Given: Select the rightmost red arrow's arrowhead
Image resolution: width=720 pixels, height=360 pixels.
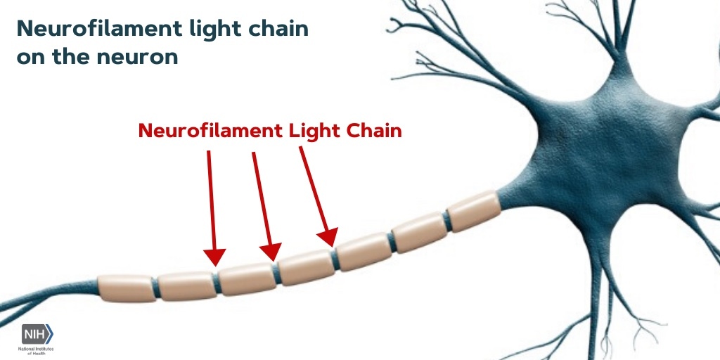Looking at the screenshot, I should tap(328, 238).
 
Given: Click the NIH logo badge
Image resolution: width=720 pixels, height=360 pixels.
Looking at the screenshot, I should tap(37, 335).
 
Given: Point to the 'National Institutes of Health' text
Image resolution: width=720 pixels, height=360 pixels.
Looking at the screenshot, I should tap(39, 350).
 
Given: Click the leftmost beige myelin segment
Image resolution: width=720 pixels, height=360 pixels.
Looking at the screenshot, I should tap(127, 288).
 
